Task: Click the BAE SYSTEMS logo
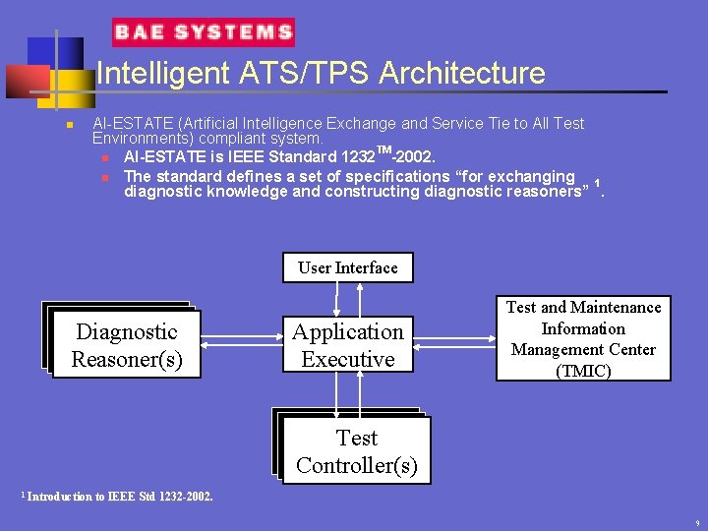point(204,32)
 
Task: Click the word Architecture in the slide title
point(461,74)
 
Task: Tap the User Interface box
point(348,267)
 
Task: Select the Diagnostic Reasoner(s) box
point(127,345)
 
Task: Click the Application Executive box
point(348,345)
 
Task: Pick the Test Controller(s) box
point(356,451)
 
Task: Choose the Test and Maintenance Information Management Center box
point(583,338)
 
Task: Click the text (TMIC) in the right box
point(583,371)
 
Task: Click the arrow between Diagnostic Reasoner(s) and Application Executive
point(242,341)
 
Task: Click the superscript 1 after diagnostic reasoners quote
point(598,184)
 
